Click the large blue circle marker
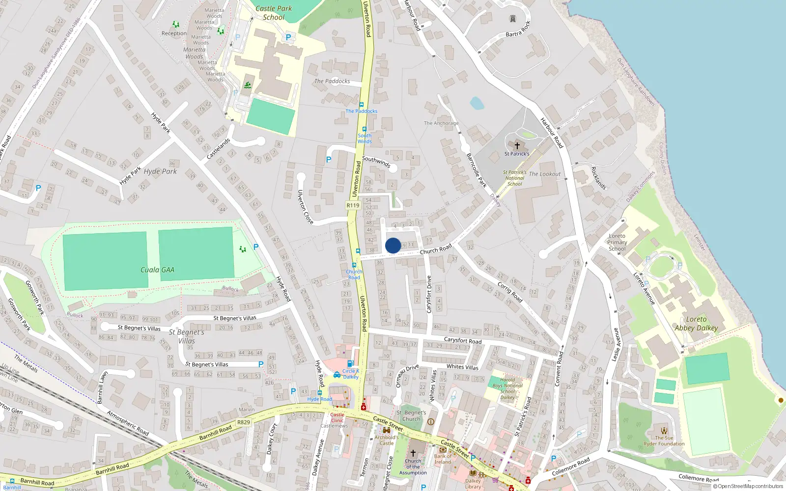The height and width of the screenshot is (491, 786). click(x=393, y=245)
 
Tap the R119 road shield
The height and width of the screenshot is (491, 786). click(x=353, y=205)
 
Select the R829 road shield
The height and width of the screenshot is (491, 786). click(x=243, y=422)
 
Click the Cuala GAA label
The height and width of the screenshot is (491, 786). click(x=157, y=270)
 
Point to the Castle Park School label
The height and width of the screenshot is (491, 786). click(x=274, y=13)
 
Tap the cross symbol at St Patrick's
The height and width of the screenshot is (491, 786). click(x=517, y=146)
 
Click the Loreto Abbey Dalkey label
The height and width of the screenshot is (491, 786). click(x=696, y=324)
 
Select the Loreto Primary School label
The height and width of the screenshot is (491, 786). click(x=617, y=242)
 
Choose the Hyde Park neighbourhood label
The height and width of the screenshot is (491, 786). click(x=160, y=171)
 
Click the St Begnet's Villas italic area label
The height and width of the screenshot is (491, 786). click(x=186, y=336)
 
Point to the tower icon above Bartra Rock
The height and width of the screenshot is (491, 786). click(x=513, y=19)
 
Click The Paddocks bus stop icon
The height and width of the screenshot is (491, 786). click(x=362, y=105)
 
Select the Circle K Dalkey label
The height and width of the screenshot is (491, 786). click(x=351, y=374)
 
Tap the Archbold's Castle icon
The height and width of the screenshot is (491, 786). click(x=387, y=430)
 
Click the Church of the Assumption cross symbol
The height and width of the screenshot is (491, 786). click(x=413, y=453)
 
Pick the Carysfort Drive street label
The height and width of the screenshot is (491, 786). click(x=429, y=295)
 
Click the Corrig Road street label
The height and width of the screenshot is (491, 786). click(x=510, y=292)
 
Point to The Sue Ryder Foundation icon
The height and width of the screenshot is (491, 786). click(x=664, y=431)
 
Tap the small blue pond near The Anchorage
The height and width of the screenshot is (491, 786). click(x=477, y=103)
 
